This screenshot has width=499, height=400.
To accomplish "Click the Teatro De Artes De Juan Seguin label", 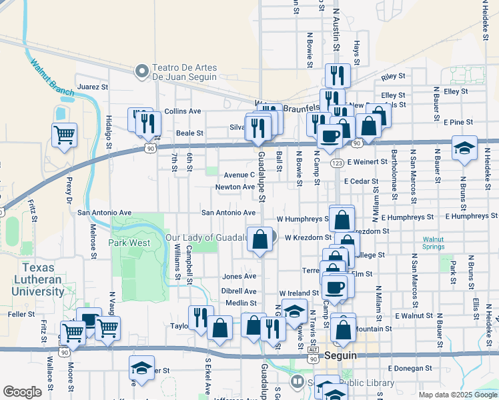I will [176, 72].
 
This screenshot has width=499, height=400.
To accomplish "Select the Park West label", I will [130, 243].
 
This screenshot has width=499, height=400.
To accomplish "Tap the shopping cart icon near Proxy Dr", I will [64, 135].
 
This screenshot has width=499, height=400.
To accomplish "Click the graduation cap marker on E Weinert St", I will [464, 148].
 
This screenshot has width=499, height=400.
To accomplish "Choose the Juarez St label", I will [93, 87].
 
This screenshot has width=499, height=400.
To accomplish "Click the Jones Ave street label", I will [239, 276].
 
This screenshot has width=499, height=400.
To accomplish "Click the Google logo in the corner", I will [23, 392].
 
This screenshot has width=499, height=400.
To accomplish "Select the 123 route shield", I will [338, 163].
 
